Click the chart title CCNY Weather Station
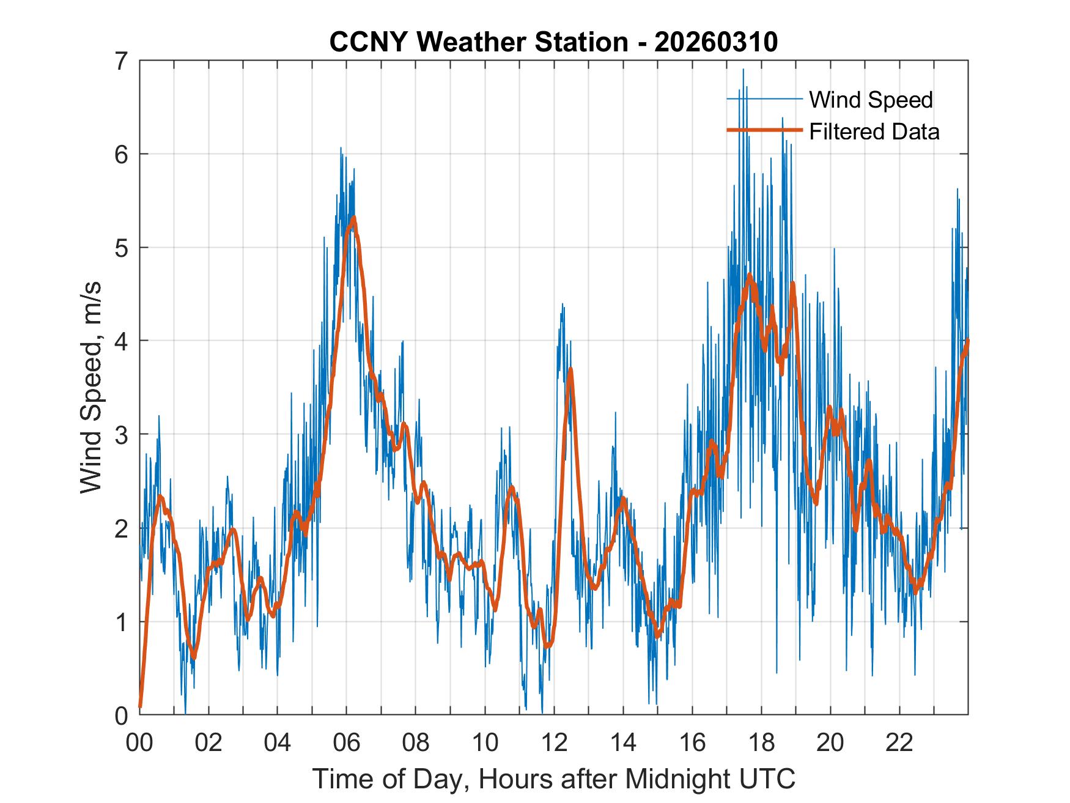478,42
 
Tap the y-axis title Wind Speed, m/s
91,387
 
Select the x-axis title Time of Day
553,779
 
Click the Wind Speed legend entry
871,99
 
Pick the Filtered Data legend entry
874,131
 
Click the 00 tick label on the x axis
139,742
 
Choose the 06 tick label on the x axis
347,742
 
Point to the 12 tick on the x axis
554,742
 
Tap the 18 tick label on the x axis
761,742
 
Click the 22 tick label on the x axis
899,742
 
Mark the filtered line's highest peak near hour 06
353,217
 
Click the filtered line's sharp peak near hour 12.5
570,369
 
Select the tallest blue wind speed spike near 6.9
743,70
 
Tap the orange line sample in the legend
764,130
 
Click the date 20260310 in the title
716,42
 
